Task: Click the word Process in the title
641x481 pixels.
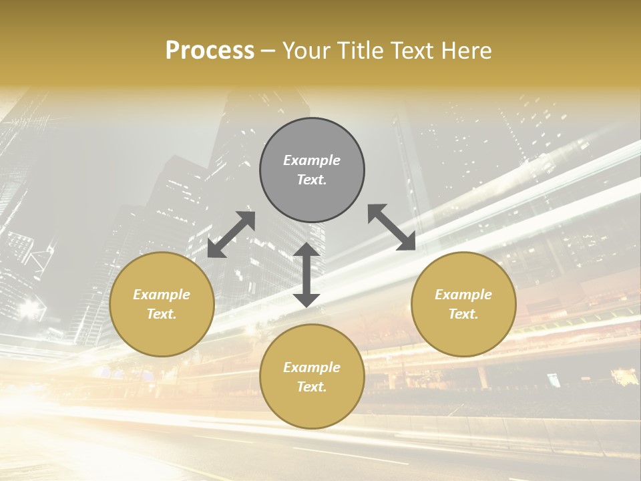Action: click(x=210, y=51)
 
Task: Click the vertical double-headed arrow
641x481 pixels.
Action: click(x=306, y=275)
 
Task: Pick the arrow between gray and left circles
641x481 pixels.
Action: click(x=231, y=234)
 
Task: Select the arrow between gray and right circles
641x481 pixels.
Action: click(x=392, y=227)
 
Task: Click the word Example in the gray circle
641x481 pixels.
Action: click(x=312, y=160)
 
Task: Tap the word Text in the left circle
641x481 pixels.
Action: click(x=162, y=314)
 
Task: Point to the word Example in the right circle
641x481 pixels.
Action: click(x=463, y=295)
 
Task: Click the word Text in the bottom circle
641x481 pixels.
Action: click(x=312, y=387)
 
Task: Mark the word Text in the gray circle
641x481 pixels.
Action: click(x=312, y=180)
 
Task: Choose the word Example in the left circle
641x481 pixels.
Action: click(x=162, y=295)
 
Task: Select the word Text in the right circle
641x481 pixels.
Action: click(x=463, y=314)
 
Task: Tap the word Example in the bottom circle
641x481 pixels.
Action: click(x=312, y=367)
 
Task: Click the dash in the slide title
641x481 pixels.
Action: click(x=268, y=51)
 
